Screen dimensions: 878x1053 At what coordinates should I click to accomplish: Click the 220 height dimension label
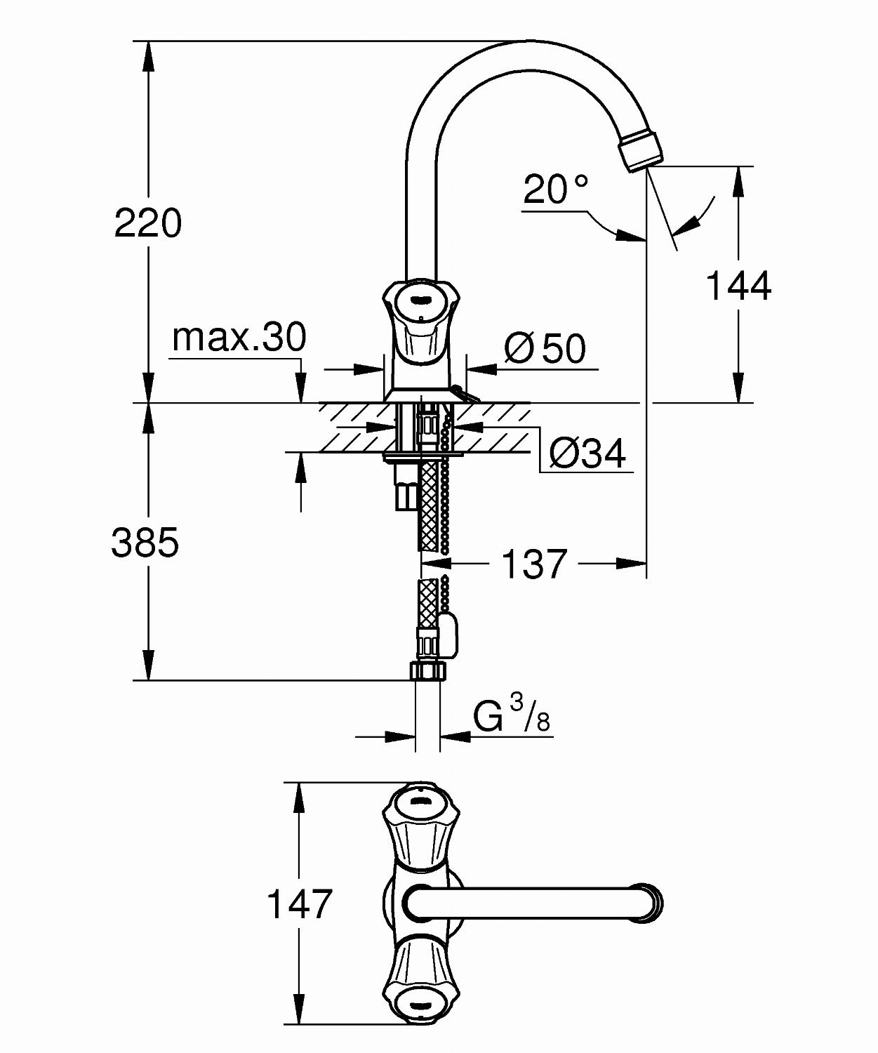[147, 223]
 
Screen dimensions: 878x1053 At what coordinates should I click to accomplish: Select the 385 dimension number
[145, 543]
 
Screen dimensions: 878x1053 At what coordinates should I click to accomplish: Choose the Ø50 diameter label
[545, 348]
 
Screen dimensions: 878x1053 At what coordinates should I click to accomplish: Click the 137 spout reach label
[535, 563]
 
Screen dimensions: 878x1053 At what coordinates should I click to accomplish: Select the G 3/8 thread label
[512, 715]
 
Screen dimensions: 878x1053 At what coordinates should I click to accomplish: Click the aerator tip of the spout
[640, 153]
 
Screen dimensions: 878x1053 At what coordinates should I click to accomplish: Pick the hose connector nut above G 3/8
[427, 672]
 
